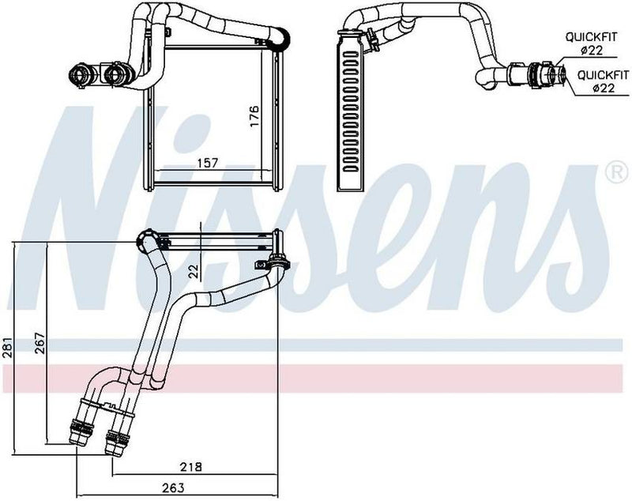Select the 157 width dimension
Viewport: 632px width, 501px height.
pos(207,164)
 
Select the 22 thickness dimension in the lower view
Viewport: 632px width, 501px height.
pos(192,270)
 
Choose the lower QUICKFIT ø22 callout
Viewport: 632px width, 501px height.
pos(596,82)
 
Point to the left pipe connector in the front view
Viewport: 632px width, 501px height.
pos(81,75)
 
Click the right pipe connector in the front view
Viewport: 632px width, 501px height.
pos(113,76)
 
